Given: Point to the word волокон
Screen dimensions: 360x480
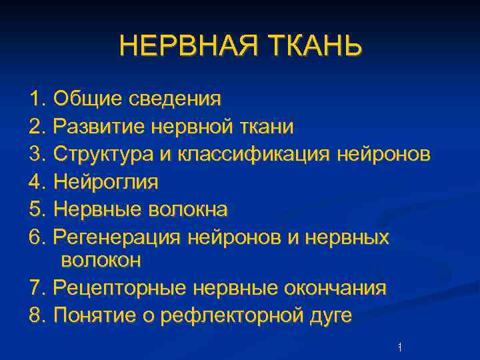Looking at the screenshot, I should click(x=101, y=260).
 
